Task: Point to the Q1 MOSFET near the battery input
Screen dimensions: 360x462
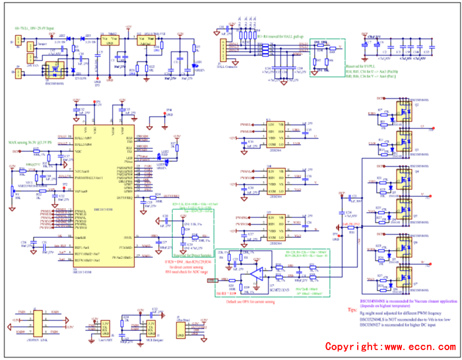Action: click(x=49, y=68)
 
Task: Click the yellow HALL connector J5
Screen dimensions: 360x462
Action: click(x=222, y=48)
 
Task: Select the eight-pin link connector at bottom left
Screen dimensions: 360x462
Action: click(x=40, y=325)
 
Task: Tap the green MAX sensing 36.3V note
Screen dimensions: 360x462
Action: click(x=31, y=142)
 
